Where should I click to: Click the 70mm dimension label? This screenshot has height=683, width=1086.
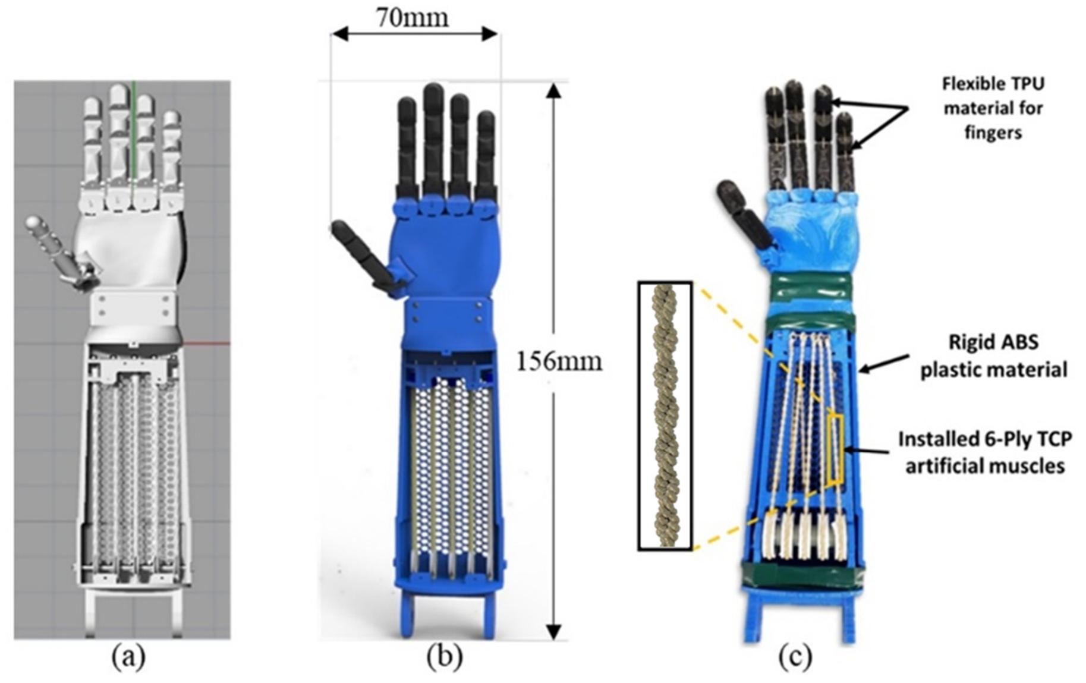point(412,17)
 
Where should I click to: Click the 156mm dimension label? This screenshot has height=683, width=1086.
point(559,361)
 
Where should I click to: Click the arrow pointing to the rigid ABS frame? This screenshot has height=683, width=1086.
point(884,363)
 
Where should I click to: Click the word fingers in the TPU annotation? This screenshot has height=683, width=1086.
point(993,132)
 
